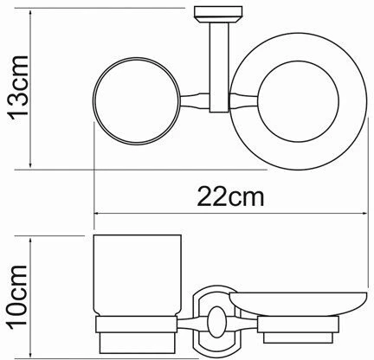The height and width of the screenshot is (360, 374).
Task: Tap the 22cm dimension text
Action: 229,197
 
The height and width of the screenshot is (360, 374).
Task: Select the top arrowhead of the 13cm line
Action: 33,10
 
